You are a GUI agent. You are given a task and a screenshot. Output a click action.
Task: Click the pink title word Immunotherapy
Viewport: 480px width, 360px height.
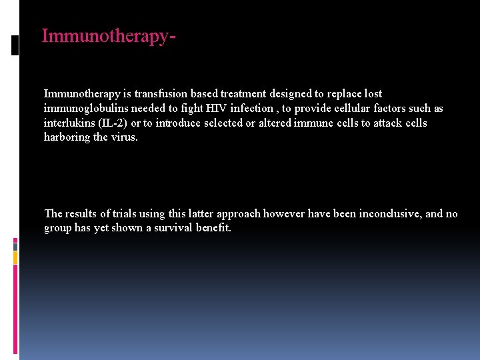[x=107, y=36]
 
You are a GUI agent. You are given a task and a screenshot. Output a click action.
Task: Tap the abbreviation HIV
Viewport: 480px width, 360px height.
[x=215, y=109]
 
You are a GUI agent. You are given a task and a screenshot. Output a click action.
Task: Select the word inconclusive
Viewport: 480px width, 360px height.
[x=389, y=214]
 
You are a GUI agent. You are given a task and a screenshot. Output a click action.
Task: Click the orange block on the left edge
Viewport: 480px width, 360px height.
[x=15, y=257]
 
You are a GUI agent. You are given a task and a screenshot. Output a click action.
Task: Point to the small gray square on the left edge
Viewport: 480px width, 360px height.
[x=15, y=245]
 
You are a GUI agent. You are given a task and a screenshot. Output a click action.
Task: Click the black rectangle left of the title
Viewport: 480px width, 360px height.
[x=15, y=45]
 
